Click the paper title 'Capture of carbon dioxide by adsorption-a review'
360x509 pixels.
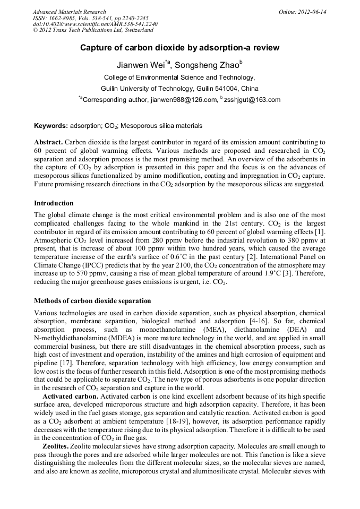point(179,48)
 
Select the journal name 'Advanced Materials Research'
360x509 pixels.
point(69,12)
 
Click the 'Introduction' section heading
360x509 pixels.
point(54,203)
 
